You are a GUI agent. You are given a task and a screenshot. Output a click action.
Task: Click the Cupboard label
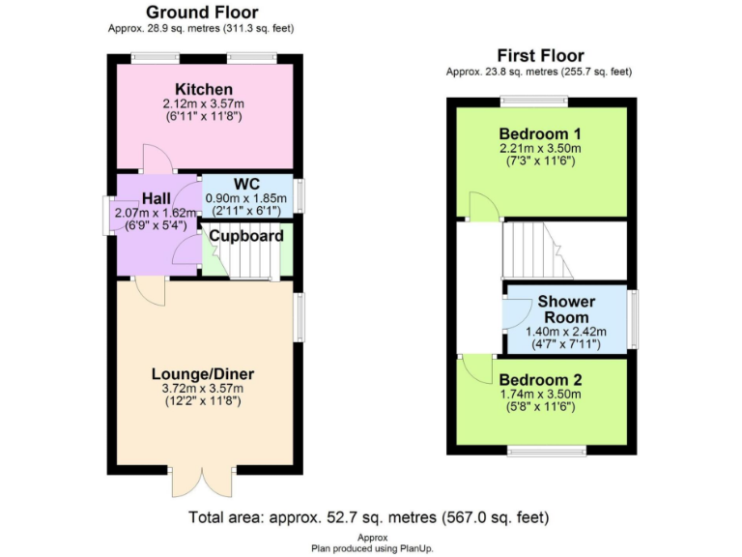[246, 236]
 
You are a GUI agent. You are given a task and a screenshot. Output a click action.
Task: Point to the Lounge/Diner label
[203, 373]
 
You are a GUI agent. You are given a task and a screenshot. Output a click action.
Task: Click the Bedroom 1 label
[539, 132]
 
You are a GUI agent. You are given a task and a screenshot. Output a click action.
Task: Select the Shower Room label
[566, 309]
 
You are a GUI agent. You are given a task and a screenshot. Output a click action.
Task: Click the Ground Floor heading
[202, 13]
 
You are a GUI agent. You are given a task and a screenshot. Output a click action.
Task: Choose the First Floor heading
[540, 55]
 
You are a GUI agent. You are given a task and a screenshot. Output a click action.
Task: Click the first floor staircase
[532, 249]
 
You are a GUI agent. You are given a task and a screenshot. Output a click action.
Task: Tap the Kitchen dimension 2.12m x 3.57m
[204, 103]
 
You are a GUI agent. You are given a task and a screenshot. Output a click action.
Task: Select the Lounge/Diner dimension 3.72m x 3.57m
[203, 388]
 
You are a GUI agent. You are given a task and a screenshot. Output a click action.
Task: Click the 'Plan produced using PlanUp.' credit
[371, 548]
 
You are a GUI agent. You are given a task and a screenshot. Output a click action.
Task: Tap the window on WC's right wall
[298, 196]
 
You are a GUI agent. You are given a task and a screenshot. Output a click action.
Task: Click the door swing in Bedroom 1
[480, 205]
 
